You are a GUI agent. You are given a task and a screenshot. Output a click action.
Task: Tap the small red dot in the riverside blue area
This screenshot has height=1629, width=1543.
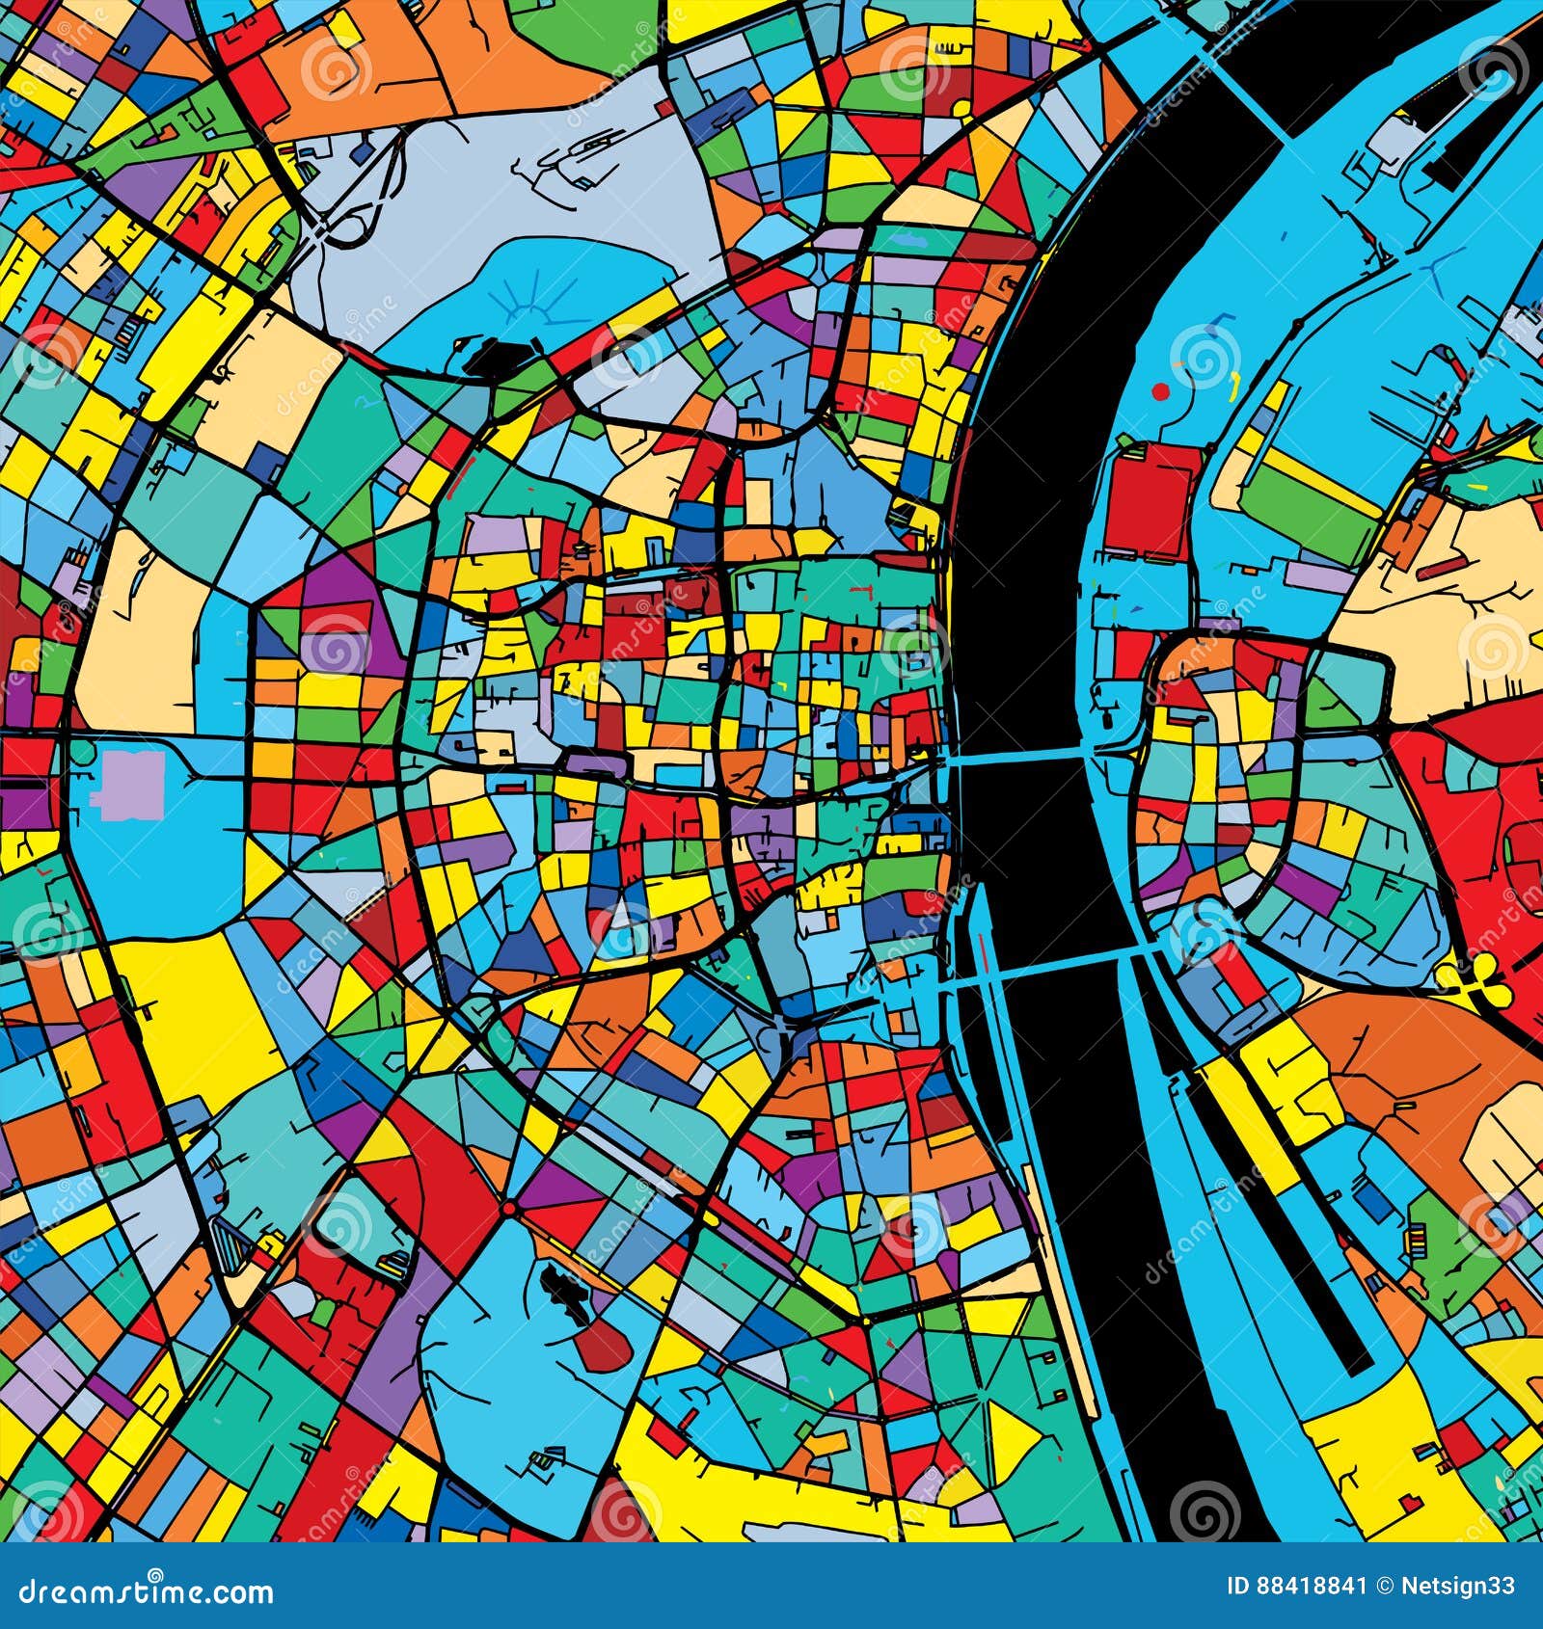[x=1160, y=392]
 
